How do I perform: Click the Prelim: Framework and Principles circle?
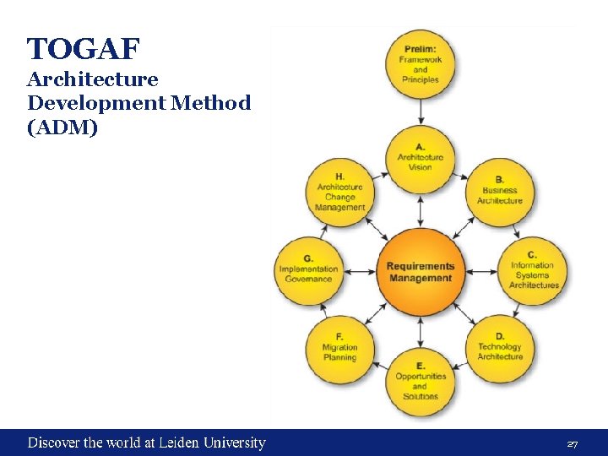[x=421, y=63]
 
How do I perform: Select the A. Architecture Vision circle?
[x=421, y=157]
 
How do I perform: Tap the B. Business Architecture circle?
[x=500, y=190]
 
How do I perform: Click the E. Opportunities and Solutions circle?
[x=421, y=381]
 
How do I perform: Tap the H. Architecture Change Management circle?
[x=339, y=193]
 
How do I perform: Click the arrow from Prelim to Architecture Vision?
[x=421, y=111]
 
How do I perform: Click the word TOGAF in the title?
[x=82, y=50]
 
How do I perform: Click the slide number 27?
[x=572, y=443]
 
